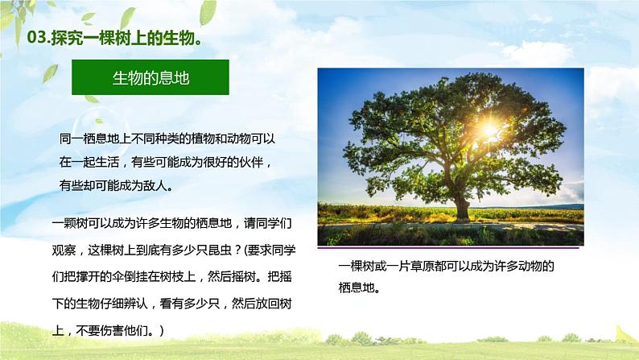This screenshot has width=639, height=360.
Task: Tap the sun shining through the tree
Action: (x=489, y=126)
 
